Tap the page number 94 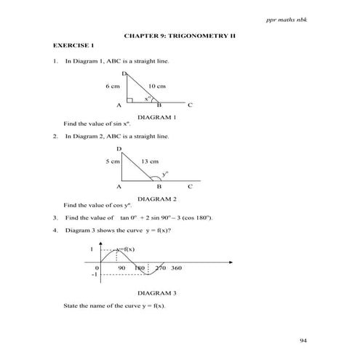(304, 340)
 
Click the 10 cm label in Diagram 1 (157, 86)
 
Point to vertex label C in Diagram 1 (190, 106)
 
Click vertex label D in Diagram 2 (119, 149)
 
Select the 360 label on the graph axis (177, 268)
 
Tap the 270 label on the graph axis (161, 268)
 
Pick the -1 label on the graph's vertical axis (94, 276)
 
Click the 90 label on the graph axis (121, 268)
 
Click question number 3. (55, 217)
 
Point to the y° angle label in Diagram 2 (165, 174)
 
